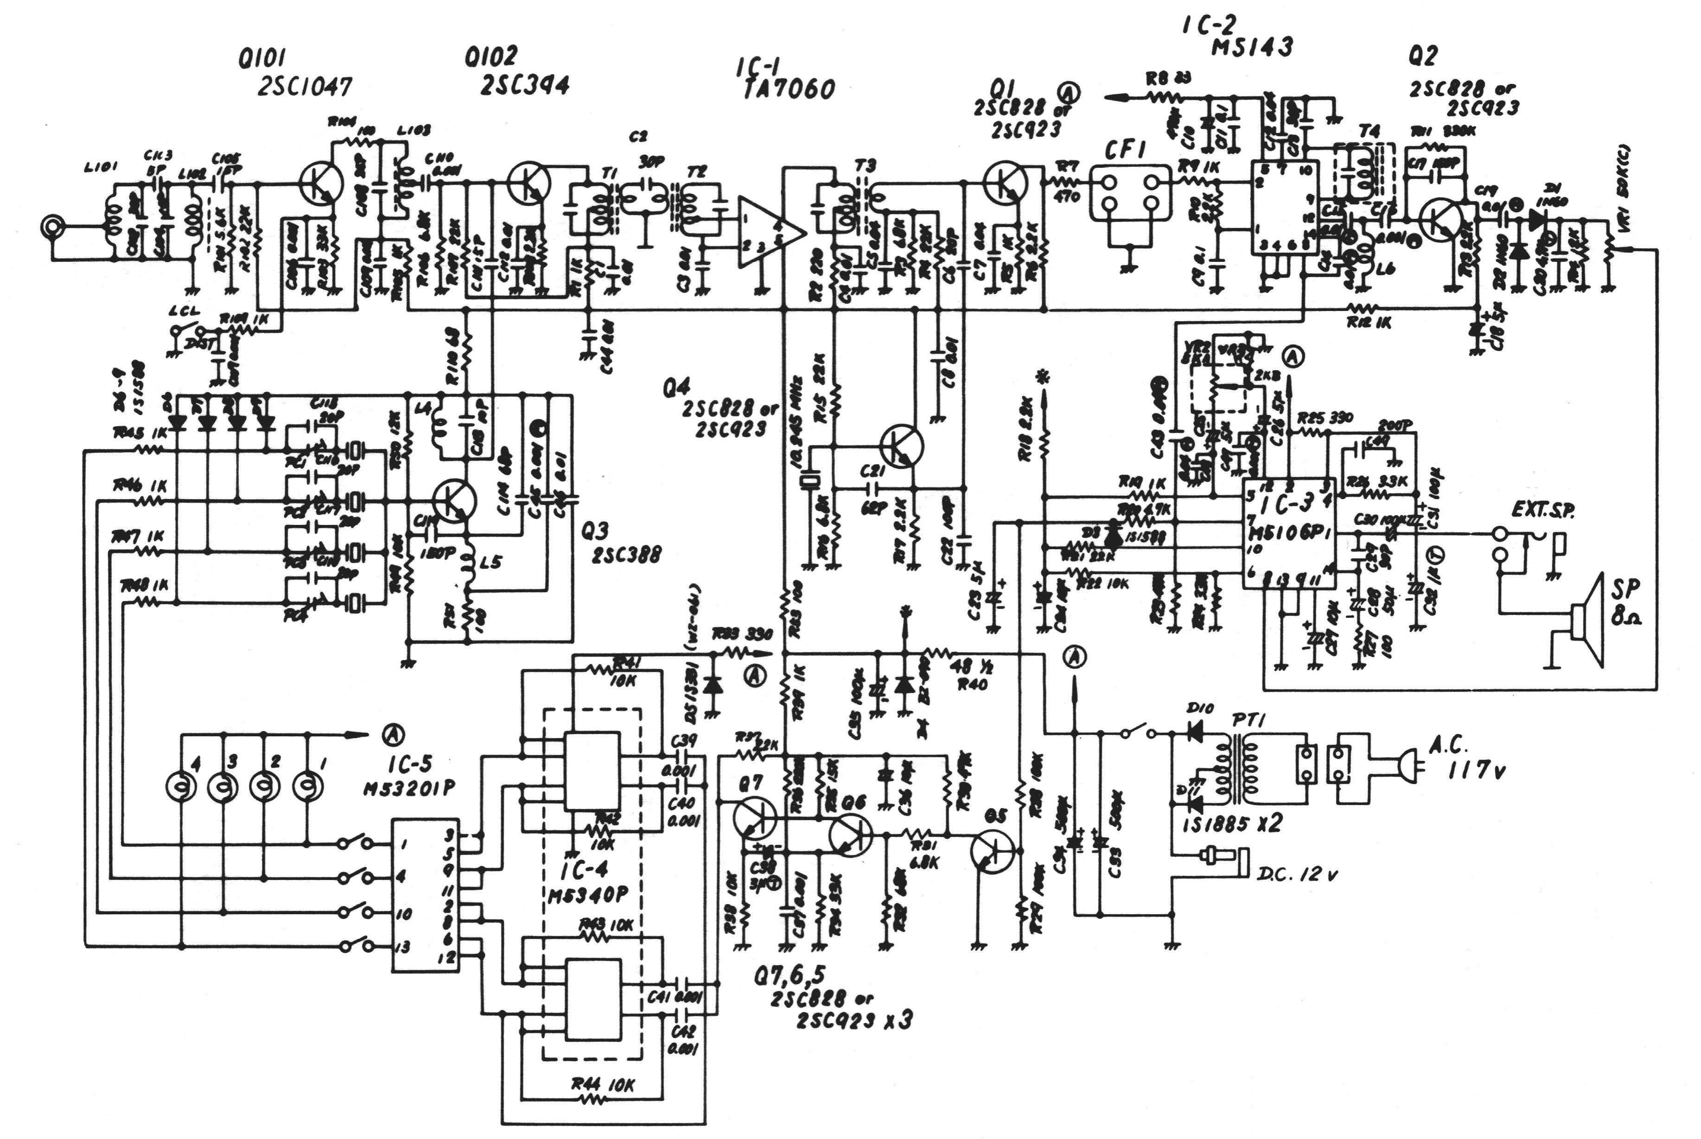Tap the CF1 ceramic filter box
[x=1130, y=192]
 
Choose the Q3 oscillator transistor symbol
[x=454, y=500]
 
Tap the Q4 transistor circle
[x=901, y=447]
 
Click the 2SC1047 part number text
[x=305, y=87]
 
